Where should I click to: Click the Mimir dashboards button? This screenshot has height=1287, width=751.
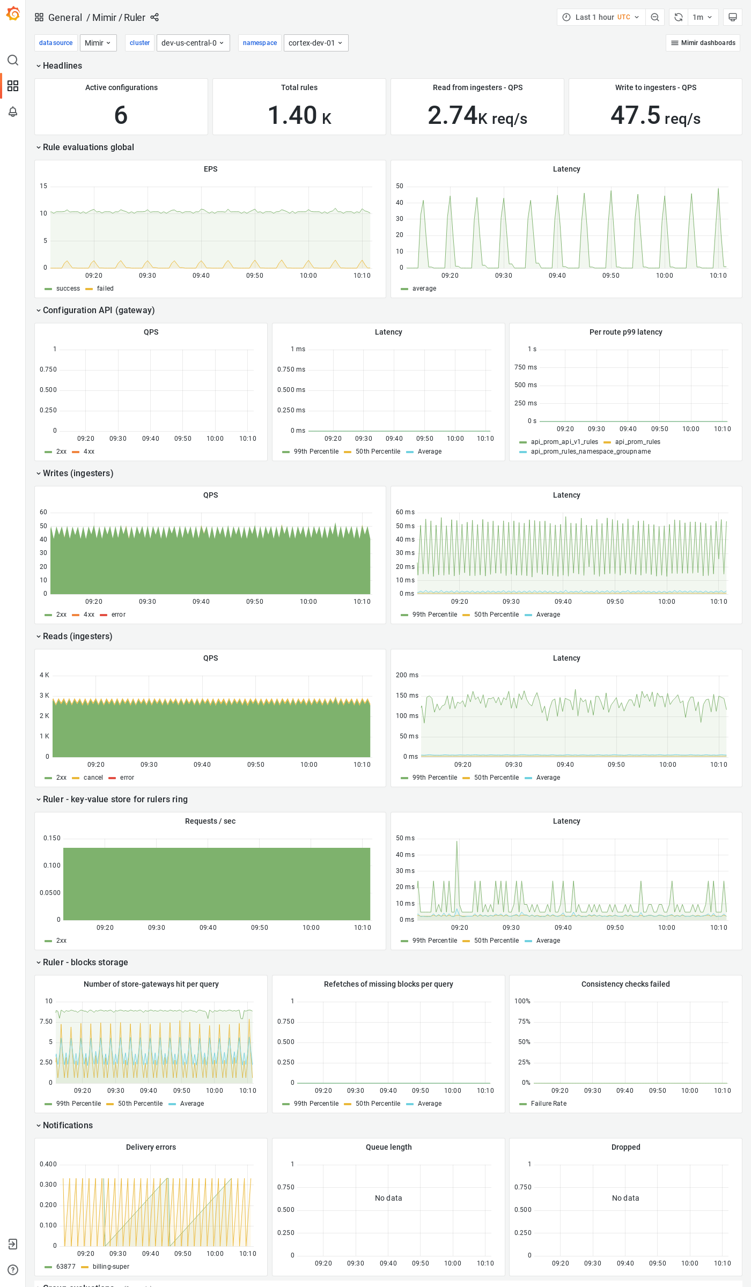703,43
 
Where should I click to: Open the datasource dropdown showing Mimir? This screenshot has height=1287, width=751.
98,43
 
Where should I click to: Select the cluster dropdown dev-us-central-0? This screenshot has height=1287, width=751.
193,43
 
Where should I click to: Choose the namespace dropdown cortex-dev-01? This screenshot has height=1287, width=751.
315,43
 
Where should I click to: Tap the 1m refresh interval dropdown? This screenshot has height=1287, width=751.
702,17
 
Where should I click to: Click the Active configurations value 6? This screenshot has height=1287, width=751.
121,115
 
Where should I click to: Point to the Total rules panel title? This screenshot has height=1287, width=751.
299,87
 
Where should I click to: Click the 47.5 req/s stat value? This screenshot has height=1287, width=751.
655,115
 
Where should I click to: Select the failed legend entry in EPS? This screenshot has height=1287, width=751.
105,289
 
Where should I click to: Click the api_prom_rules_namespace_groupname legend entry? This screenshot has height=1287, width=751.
591,452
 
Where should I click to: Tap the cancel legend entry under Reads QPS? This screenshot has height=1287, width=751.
93,778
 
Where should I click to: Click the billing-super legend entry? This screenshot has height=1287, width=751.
111,1267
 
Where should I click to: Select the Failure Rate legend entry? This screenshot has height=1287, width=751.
548,1104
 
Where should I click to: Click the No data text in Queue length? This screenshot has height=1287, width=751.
388,1198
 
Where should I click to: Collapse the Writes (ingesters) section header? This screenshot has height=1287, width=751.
78,473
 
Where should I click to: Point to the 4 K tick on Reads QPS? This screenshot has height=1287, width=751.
44,675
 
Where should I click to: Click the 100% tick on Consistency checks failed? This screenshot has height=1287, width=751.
522,1001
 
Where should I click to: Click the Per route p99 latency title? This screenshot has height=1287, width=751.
625,332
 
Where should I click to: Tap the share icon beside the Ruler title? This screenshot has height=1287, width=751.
154,17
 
